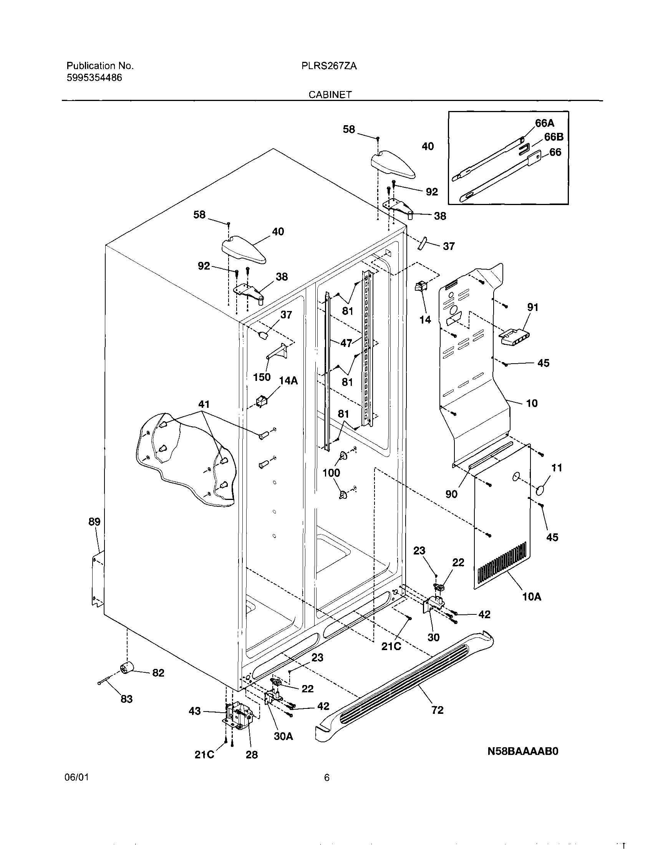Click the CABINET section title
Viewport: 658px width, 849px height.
[330, 94]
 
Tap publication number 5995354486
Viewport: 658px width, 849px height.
[94, 78]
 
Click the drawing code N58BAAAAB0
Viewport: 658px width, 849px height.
[523, 751]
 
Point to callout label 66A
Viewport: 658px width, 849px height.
[544, 123]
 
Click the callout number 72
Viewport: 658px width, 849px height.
[438, 710]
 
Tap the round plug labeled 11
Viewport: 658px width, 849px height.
[541, 491]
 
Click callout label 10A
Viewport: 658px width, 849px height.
[532, 597]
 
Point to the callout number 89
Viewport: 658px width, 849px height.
[94, 522]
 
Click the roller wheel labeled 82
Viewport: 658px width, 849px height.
[126, 668]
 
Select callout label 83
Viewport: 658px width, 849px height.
[126, 699]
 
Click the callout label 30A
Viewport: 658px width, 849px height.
[283, 736]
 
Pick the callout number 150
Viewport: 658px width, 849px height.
[262, 377]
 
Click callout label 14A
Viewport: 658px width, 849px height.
[288, 381]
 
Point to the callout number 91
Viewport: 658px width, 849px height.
[533, 307]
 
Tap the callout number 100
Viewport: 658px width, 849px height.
[331, 473]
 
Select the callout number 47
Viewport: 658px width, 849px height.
[346, 343]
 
